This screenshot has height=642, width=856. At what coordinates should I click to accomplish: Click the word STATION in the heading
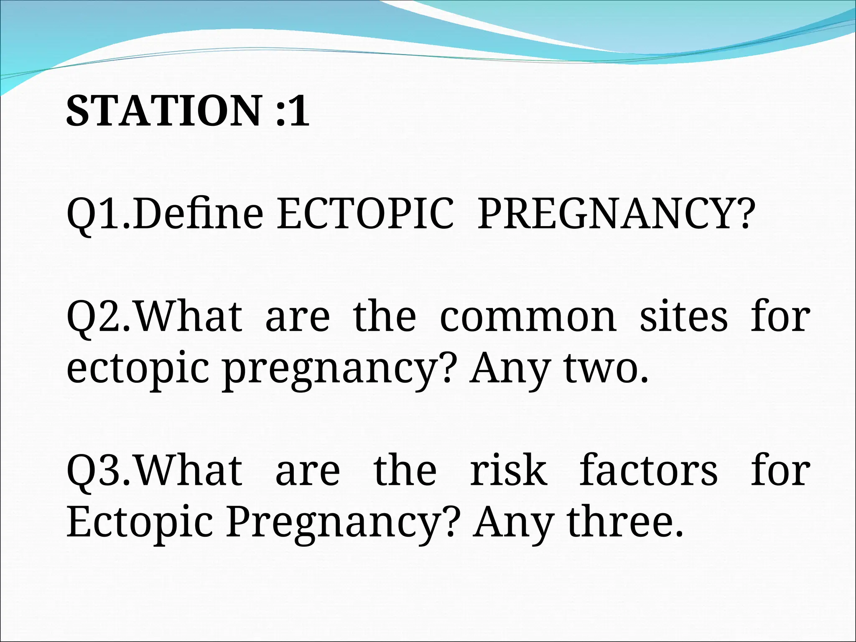pos(163,111)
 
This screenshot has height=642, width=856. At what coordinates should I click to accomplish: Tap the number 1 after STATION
pos(300,111)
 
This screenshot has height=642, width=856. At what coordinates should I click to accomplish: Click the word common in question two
pos(528,316)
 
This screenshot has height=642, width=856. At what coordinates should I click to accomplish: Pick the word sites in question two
pos(684,316)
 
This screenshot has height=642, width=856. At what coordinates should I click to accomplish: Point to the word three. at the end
pos(625,522)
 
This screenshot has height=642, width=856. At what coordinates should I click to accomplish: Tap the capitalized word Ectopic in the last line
pos(140,523)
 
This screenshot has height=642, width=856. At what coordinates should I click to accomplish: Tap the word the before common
pos(385,316)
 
